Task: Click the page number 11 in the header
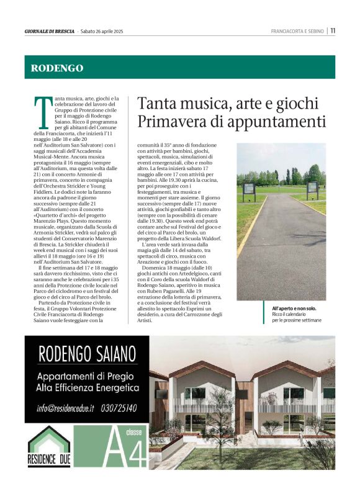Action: (333, 31)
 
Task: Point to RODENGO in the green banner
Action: (57, 68)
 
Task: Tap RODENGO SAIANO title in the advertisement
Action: (87, 355)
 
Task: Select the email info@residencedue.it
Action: (65, 408)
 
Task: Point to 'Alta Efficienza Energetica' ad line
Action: (87, 388)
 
